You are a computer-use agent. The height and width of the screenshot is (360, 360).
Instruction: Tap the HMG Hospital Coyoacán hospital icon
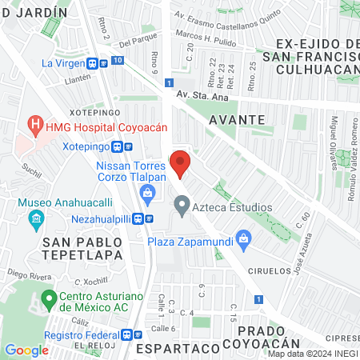[34, 125]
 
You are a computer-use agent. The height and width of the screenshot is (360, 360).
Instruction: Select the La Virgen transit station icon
[94, 62]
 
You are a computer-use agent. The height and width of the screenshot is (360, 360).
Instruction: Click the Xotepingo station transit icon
[118, 147]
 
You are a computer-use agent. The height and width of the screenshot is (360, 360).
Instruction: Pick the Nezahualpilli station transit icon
[139, 218]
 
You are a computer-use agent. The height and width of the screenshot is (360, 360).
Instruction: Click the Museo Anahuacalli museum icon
[35, 218]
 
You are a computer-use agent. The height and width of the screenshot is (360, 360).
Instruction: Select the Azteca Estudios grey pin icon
[182, 207]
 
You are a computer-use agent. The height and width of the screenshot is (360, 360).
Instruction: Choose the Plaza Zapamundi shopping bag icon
[244, 238]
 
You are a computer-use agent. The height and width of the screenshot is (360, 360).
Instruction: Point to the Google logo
[26, 350]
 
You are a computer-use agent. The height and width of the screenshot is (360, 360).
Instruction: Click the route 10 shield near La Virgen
[118, 61]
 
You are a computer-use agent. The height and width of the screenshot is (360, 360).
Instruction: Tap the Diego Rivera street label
[22, 273]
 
